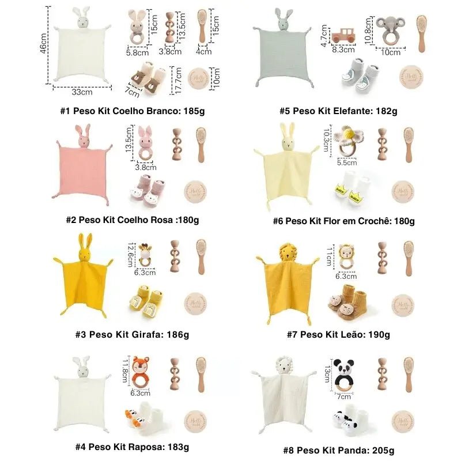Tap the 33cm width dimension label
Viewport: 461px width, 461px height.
[82, 92]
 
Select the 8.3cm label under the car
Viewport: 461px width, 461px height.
[343, 50]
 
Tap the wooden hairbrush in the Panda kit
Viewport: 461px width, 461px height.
[408, 375]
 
